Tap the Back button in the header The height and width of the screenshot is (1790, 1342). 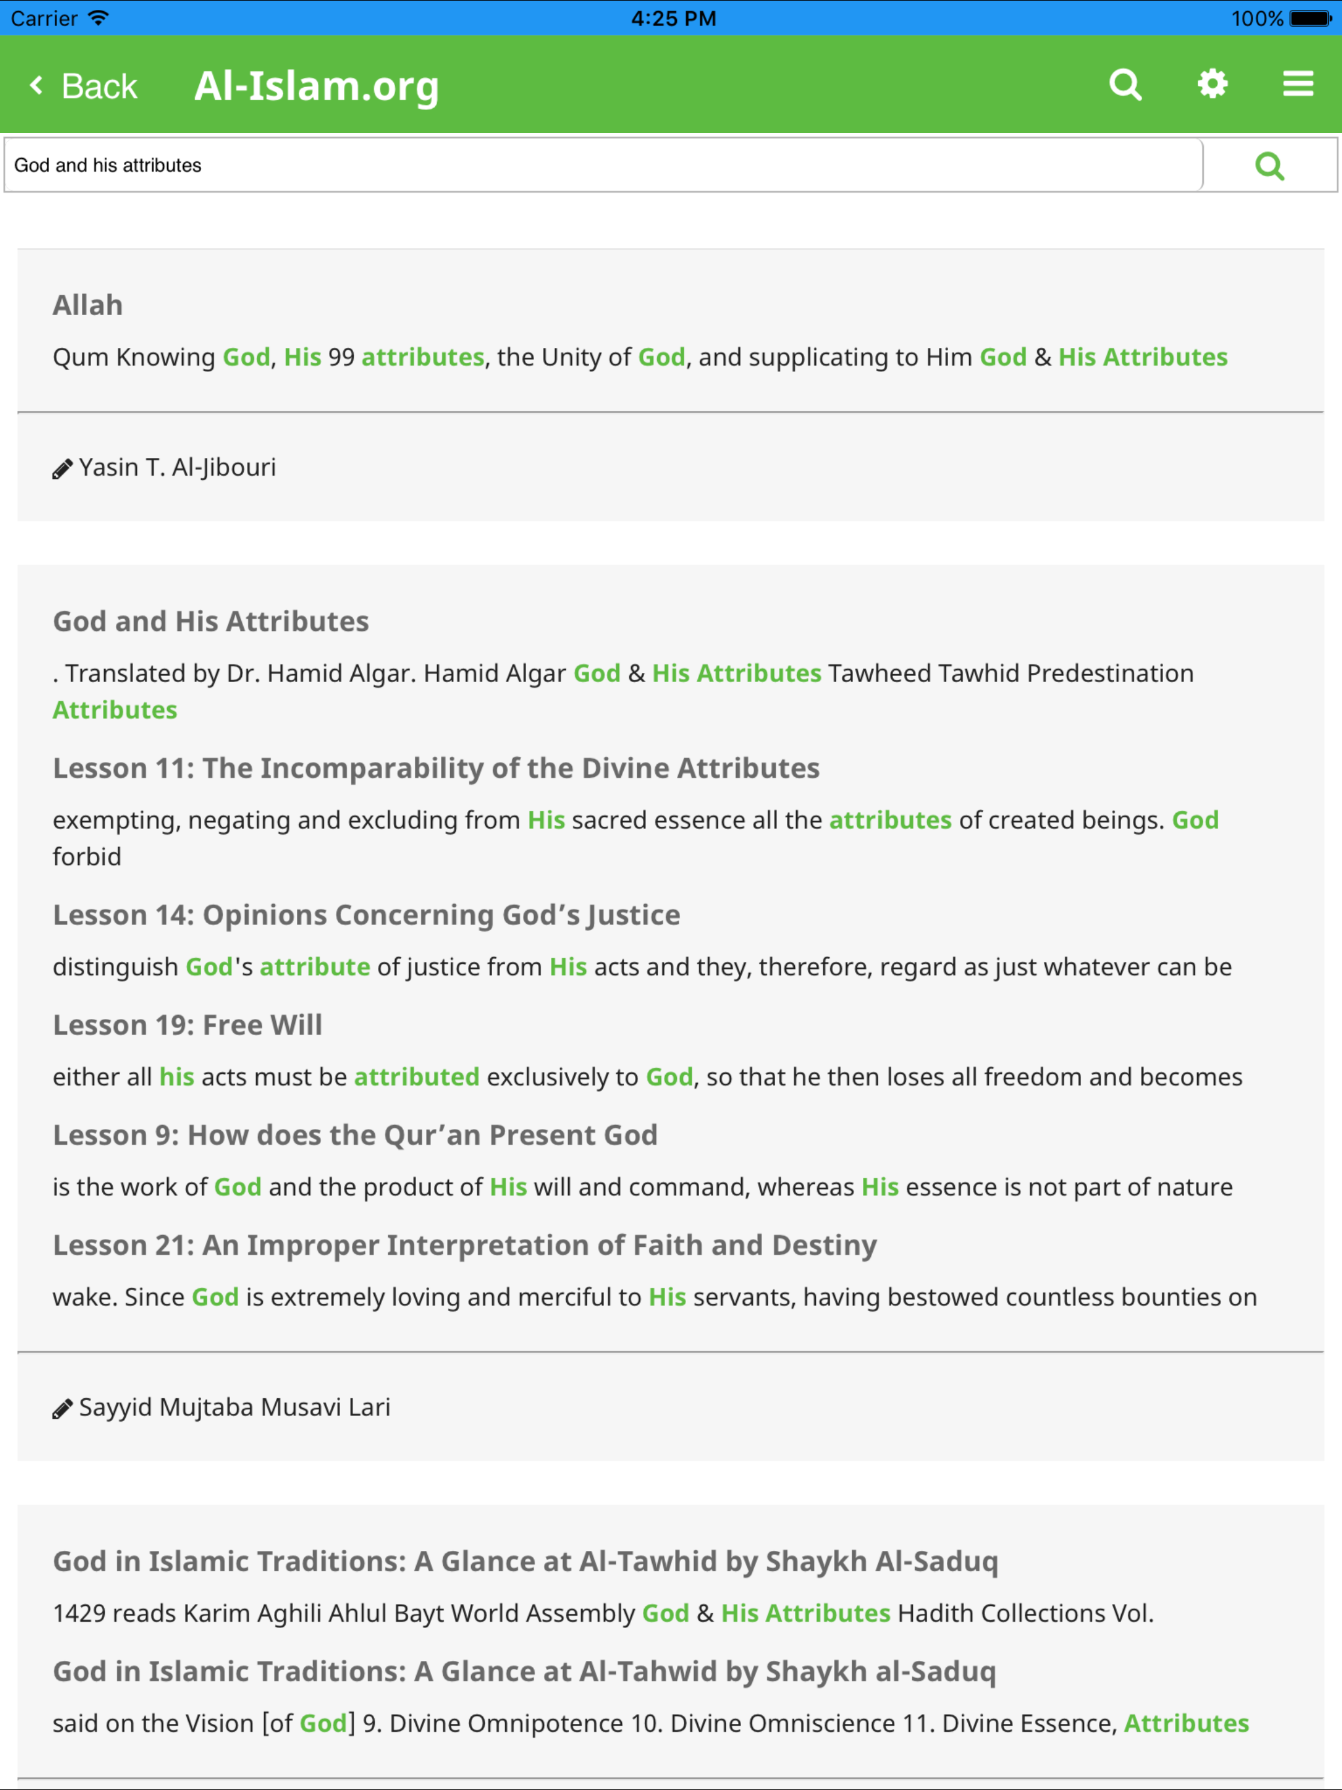coord(85,86)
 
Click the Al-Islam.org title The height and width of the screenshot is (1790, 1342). coord(316,86)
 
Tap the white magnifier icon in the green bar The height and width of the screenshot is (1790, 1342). coord(1125,84)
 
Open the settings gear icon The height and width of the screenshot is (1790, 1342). coord(1212,83)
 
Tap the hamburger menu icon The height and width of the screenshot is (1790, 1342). coord(1297,83)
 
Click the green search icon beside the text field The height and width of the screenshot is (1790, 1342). coord(1269,166)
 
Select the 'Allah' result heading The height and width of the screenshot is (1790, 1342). coord(87,305)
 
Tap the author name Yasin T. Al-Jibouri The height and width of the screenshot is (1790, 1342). coord(178,468)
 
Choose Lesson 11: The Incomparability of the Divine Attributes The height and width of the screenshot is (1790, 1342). coord(436,768)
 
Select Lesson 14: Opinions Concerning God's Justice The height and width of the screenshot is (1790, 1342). coord(366,915)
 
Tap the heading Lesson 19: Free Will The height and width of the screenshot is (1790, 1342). coord(187,1025)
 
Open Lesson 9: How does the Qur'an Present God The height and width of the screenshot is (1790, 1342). coord(355,1135)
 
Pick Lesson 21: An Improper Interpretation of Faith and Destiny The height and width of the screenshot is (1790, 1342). coord(465,1246)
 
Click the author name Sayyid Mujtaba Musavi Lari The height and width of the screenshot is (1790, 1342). coord(234,1407)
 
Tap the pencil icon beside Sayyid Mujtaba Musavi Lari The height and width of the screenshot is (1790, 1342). coord(62,1409)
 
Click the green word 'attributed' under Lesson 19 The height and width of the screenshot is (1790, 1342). coord(416,1077)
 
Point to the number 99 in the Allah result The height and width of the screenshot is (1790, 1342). coord(341,358)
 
